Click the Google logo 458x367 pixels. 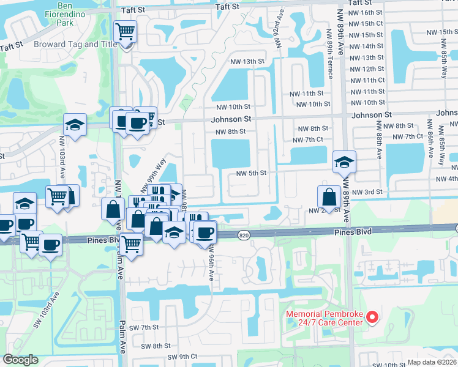pyautogui.click(x=20, y=360)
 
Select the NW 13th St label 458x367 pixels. pyautogui.click(x=247, y=62)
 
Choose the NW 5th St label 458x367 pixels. pyautogui.click(x=252, y=173)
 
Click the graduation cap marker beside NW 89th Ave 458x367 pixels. pyautogui.click(x=344, y=163)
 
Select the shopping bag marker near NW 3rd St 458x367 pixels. pyautogui.click(x=329, y=197)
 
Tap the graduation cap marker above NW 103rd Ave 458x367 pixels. pyautogui.click(x=75, y=127)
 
